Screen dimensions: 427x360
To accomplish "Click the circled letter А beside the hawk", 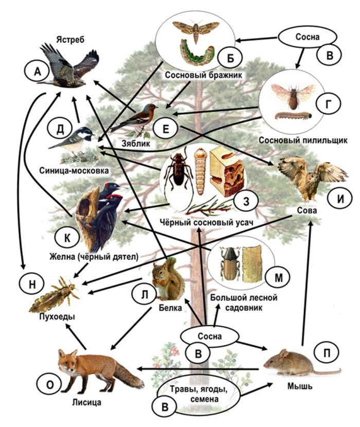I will [37, 73].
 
